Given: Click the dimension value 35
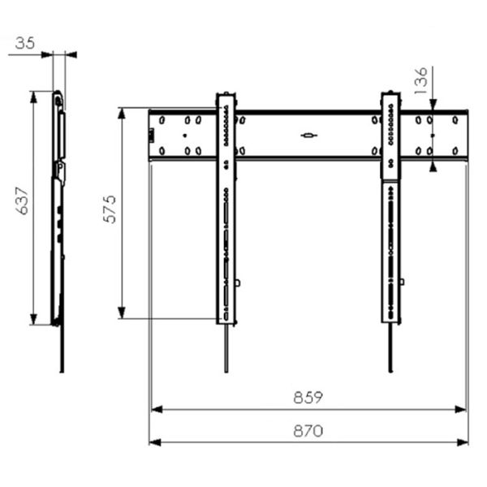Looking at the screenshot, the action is click(x=25, y=43).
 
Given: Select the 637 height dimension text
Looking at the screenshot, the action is click(x=23, y=200).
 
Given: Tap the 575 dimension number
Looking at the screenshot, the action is click(x=110, y=209).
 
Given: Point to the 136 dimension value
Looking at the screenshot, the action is click(x=420, y=80).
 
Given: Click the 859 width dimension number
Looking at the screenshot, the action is click(x=308, y=397).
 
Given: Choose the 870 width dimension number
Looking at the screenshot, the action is click(x=308, y=431).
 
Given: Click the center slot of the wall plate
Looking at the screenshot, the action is click(x=308, y=135).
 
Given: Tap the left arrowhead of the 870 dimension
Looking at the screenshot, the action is click(x=155, y=442).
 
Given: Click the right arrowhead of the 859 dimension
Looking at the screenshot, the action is click(x=460, y=409).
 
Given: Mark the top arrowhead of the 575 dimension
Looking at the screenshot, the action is click(x=122, y=114).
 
